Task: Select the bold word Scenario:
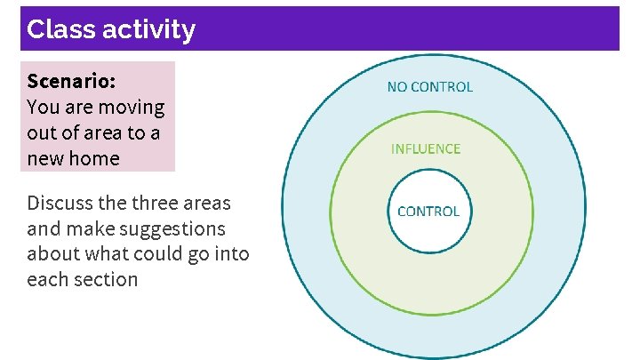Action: tap(71, 81)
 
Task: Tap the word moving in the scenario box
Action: tap(132, 108)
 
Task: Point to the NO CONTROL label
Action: tap(430, 87)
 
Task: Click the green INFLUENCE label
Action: tap(426, 148)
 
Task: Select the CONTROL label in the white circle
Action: tap(428, 212)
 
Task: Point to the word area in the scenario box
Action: tap(101, 133)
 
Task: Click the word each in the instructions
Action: tap(45, 279)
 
